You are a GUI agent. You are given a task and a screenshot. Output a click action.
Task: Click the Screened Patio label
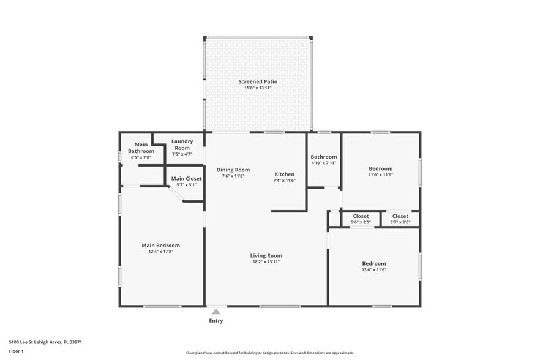click(x=258, y=81)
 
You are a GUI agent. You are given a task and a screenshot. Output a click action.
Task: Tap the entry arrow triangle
click(x=216, y=312)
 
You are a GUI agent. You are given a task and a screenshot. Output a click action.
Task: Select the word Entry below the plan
click(x=216, y=321)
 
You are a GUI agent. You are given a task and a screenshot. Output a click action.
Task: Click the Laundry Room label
click(x=182, y=144)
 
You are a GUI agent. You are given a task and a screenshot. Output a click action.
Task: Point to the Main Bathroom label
click(x=141, y=148)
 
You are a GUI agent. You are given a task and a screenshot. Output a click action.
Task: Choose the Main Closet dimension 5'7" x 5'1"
click(x=186, y=185)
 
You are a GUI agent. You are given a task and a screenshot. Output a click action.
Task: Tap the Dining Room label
click(x=233, y=170)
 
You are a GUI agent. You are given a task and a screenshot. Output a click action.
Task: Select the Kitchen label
click(x=284, y=174)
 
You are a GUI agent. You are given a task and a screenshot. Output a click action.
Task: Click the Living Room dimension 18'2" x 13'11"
click(x=266, y=261)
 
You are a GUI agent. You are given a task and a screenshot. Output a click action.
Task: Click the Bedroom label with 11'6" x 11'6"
click(x=380, y=168)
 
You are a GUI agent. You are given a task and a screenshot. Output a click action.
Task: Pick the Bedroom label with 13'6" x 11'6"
click(x=373, y=263)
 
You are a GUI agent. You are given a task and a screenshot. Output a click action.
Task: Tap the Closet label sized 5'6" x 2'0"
click(x=361, y=216)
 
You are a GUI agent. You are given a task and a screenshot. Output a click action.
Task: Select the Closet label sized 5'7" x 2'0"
click(x=400, y=216)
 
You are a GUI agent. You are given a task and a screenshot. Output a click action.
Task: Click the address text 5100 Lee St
click(x=45, y=342)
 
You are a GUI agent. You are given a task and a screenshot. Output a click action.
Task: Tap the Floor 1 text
click(x=16, y=351)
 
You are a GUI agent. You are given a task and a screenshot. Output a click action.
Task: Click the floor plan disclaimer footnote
click(x=269, y=353)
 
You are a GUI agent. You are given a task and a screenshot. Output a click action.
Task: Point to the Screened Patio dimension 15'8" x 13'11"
click(x=258, y=88)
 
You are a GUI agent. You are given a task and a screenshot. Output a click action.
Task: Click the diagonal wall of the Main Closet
click(x=176, y=194)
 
